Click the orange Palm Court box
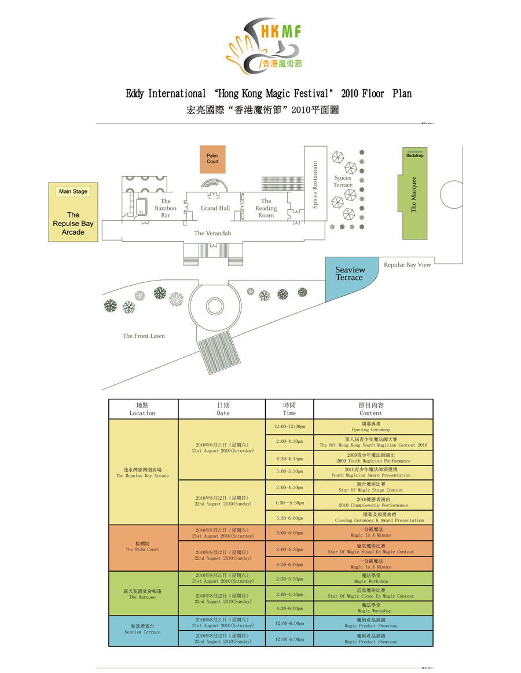click(x=212, y=159)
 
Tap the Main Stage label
click(x=73, y=191)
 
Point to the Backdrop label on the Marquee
click(x=414, y=155)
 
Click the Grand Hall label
click(x=215, y=208)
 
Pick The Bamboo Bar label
click(x=166, y=208)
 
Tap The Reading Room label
click(x=266, y=208)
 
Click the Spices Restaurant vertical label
click(x=315, y=184)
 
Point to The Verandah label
click(x=212, y=233)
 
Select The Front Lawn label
click(x=144, y=336)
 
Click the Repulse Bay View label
click(x=408, y=265)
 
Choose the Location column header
click(x=143, y=409)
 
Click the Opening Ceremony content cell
click(x=373, y=427)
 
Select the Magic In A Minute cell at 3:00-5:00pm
click(x=373, y=533)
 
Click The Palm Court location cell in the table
click(x=143, y=547)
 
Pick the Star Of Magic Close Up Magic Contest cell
click(x=373, y=593)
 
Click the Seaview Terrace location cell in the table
click(x=143, y=630)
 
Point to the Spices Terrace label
click(x=343, y=181)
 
